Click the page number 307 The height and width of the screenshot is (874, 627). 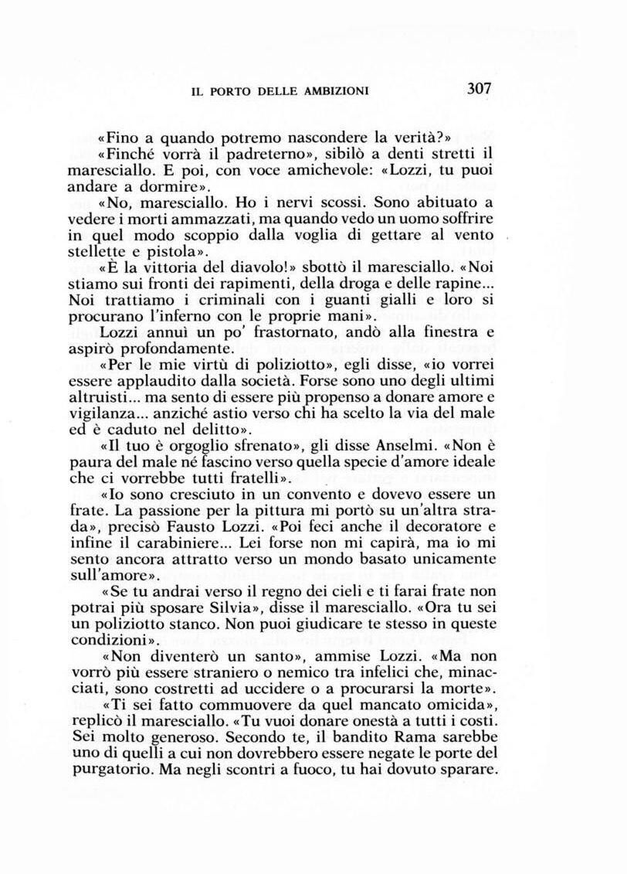click(479, 88)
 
